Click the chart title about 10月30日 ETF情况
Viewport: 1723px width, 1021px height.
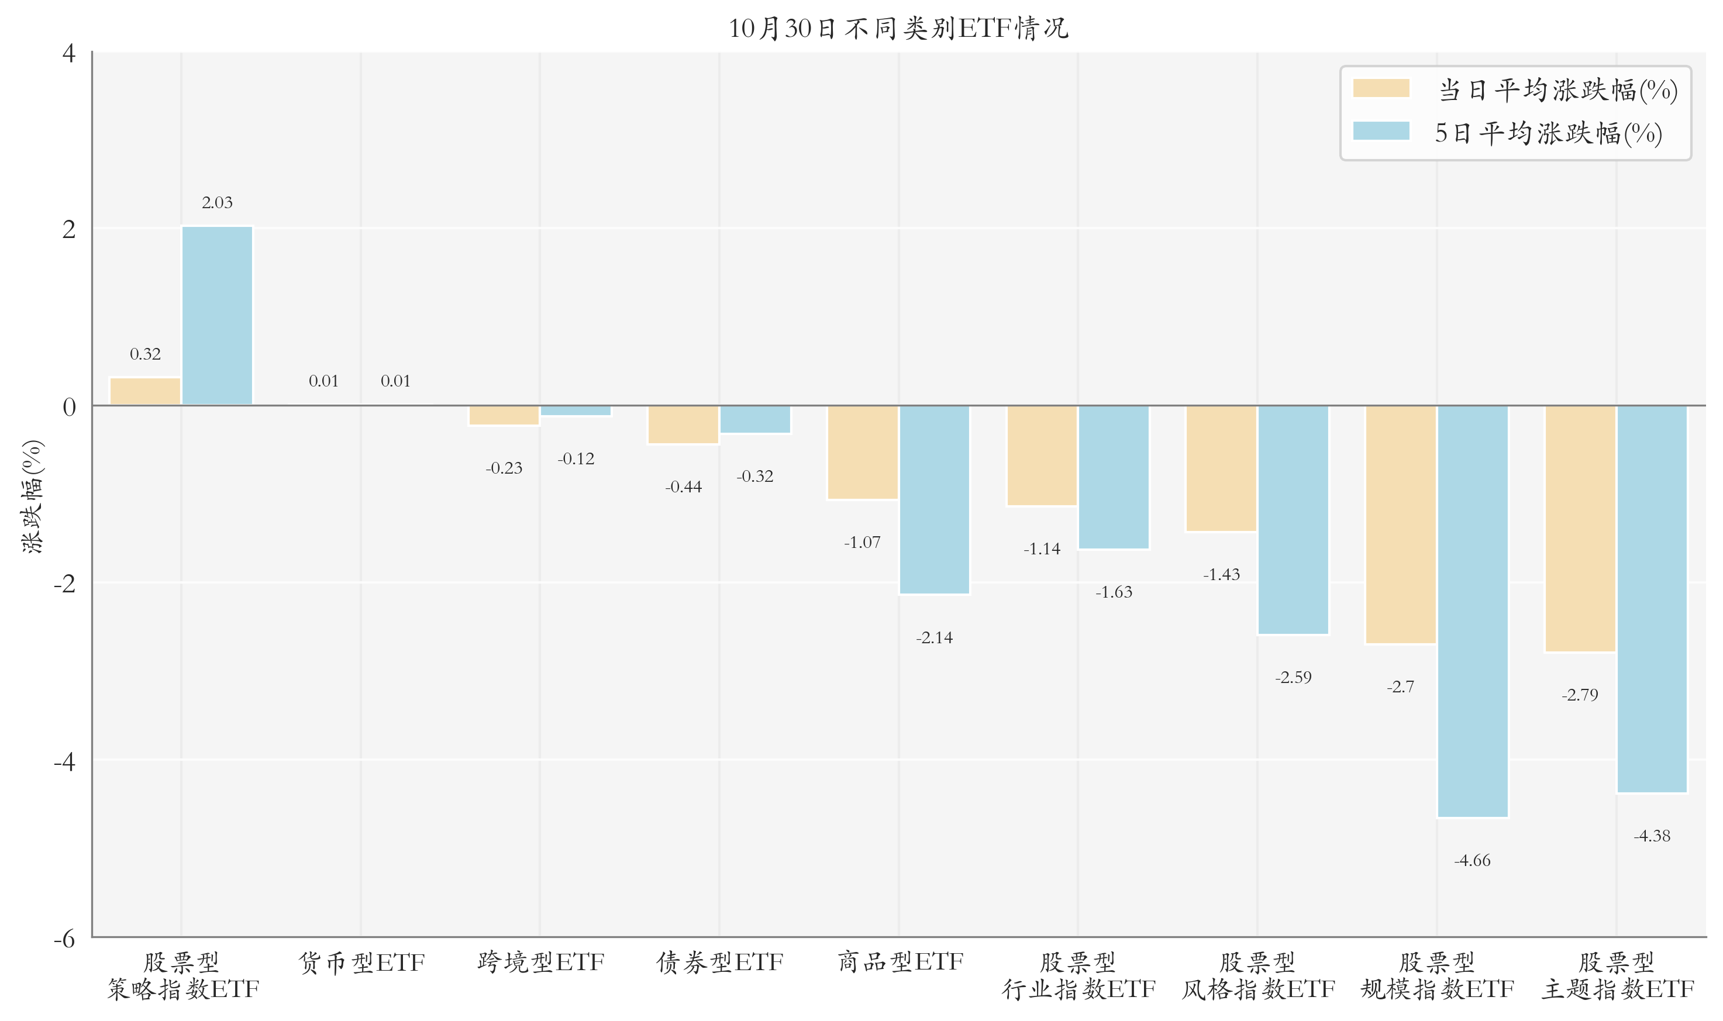[x=898, y=28]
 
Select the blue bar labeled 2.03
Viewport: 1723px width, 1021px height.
[x=218, y=316]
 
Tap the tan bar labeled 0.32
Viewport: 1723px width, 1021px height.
[x=145, y=391]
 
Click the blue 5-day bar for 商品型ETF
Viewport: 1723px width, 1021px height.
[x=935, y=499]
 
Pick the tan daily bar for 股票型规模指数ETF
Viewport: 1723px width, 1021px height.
[x=1401, y=525]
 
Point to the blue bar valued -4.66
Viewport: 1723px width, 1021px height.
[x=1473, y=611]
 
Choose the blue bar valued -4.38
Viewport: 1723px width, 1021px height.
[x=1652, y=599]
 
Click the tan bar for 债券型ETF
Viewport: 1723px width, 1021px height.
[x=683, y=425]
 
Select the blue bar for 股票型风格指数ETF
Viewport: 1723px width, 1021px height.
[x=1293, y=519]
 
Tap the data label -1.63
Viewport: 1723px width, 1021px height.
[x=1114, y=592]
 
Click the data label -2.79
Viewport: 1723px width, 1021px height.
[x=1580, y=695]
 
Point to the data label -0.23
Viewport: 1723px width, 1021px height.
[x=504, y=468]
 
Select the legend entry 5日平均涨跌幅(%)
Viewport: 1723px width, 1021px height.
[x=1508, y=133]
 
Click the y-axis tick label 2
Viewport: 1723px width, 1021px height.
[x=69, y=229]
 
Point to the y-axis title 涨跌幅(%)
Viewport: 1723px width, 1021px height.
[x=32, y=496]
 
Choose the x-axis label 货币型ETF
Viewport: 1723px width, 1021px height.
[x=361, y=963]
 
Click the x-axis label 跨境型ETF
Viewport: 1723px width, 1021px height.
[x=540, y=963]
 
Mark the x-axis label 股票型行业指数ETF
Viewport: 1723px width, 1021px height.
[x=1078, y=975]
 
